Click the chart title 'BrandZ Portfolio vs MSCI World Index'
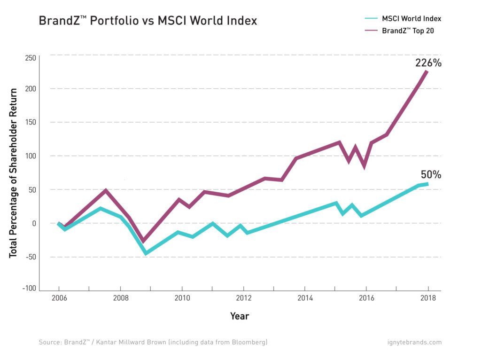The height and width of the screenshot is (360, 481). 148,21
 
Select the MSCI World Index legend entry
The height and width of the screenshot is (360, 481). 403,19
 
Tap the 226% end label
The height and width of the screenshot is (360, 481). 428,63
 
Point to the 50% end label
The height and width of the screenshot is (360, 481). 431,175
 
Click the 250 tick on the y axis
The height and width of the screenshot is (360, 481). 31,58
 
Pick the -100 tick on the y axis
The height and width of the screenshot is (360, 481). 29,288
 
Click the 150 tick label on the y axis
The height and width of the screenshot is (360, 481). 31,122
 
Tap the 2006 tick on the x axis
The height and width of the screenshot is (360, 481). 59,298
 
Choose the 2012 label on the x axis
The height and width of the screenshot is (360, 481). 243,298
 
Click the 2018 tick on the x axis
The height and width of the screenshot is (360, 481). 428,298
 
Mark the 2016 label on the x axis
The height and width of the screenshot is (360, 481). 366,298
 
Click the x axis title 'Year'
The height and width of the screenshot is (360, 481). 240,316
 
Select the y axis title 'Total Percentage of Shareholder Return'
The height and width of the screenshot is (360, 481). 13,172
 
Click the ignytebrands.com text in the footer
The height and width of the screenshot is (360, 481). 415,342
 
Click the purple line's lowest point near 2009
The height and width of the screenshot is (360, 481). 144,240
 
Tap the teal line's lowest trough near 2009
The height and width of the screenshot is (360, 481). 146,253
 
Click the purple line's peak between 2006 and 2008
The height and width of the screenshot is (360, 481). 106,191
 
